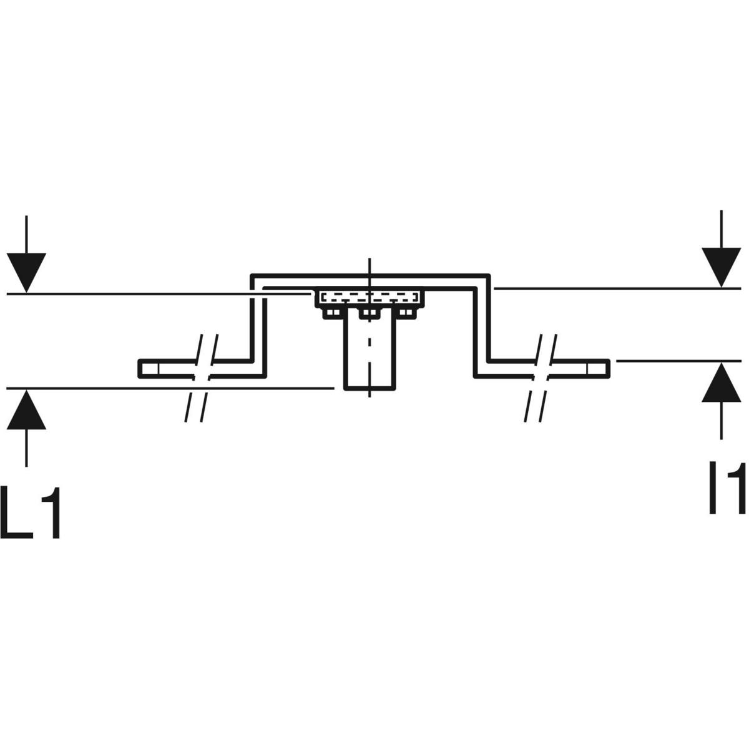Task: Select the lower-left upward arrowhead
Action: point(26,409)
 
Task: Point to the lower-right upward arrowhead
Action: point(722,383)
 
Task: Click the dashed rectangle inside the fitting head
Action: point(370,296)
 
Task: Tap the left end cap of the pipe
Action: point(149,369)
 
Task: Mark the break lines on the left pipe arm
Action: point(201,378)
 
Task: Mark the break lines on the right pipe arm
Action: point(541,378)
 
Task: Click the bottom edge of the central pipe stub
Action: point(370,388)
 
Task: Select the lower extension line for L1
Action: point(170,388)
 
